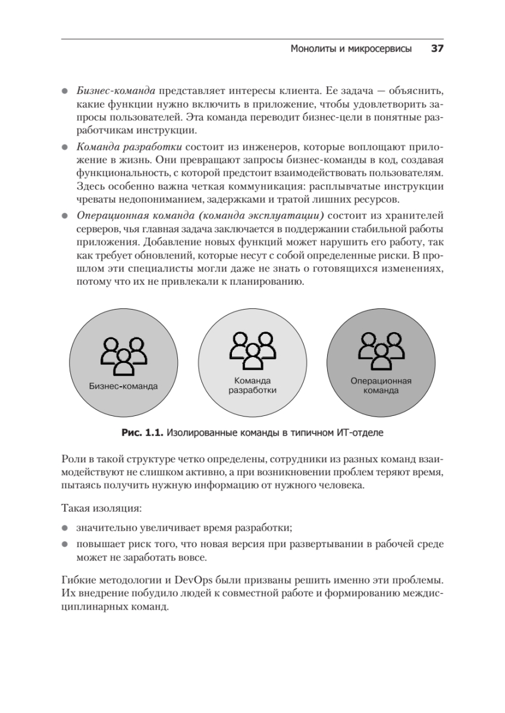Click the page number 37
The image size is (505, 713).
tap(437, 49)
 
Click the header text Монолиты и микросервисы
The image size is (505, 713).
tap(351, 49)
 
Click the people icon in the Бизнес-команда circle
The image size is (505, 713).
tap(123, 355)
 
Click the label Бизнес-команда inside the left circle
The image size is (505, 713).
tap(123, 386)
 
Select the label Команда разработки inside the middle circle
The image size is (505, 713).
tap(252, 386)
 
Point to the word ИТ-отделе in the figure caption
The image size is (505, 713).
tap(363, 433)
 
